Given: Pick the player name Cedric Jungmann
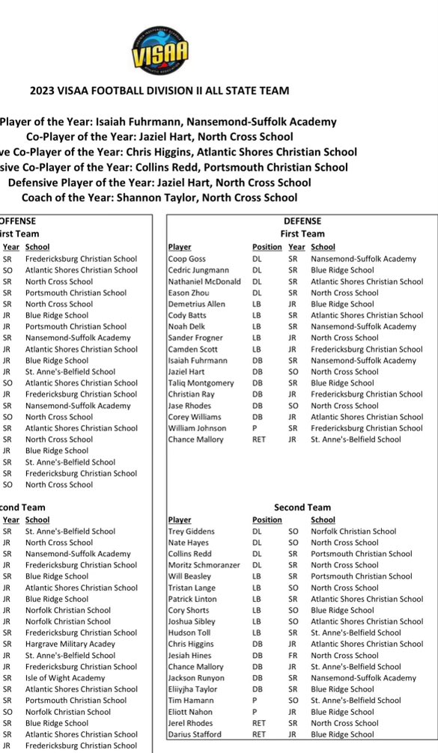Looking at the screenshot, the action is (198, 270).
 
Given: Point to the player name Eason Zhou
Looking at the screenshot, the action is (189, 293).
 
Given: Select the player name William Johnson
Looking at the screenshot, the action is (198, 428).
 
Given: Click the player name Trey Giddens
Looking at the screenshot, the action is (192, 531).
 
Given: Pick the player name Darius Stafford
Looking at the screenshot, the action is (196, 734).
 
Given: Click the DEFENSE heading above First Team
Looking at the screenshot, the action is (302, 222).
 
